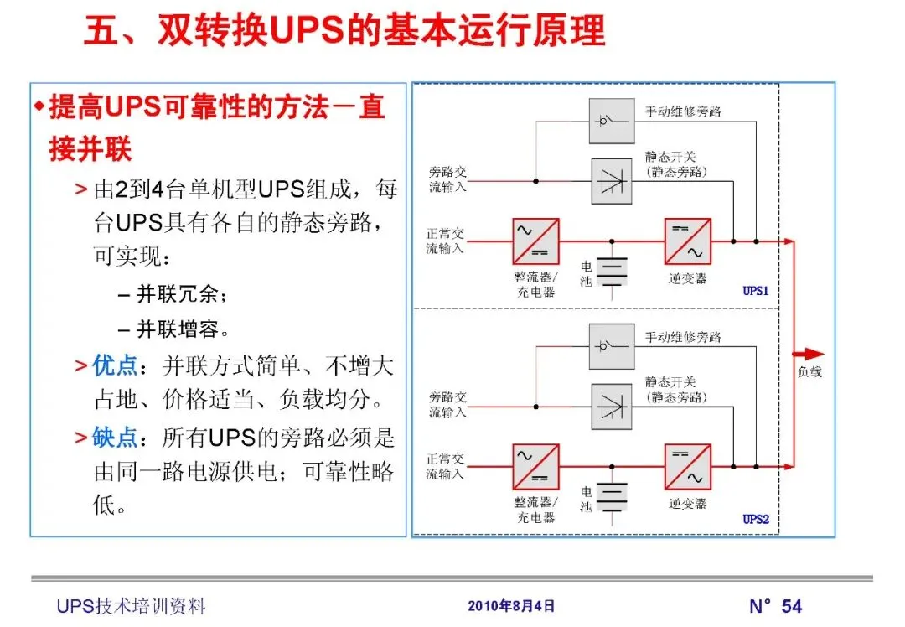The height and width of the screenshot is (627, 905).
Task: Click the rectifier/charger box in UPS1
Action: [535, 241]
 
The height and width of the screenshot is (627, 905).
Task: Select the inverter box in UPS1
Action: [687, 241]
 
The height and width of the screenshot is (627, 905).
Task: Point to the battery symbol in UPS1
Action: [614, 272]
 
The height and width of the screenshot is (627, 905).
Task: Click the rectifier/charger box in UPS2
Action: [535, 467]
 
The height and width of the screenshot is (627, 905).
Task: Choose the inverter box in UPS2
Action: [687, 467]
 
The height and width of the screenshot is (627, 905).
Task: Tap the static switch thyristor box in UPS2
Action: [612, 407]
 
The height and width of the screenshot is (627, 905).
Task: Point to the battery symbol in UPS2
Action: [614, 496]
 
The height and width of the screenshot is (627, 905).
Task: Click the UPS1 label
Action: [755, 292]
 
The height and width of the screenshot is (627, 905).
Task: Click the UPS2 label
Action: [755, 519]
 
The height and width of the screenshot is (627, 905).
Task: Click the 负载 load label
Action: [809, 370]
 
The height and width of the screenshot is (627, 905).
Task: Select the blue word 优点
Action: [114, 365]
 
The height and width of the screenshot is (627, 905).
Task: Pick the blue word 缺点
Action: [114, 438]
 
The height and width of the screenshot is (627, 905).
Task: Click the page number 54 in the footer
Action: [791, 606]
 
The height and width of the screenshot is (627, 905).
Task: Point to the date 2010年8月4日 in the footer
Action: [511, 606]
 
